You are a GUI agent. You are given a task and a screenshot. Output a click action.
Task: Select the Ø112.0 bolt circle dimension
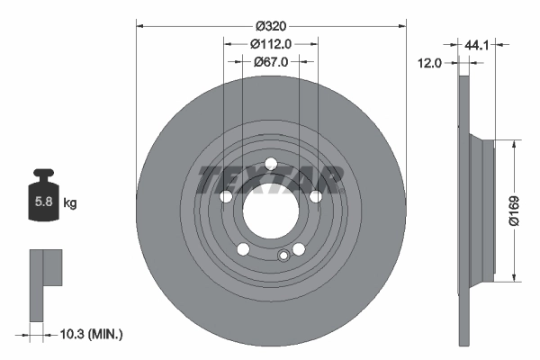coord(270,43)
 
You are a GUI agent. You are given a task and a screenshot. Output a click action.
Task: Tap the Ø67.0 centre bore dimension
coord(270,61)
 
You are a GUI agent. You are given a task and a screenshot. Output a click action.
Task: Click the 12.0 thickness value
coord(432,63)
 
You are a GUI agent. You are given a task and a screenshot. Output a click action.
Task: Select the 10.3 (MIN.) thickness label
coord(89,334)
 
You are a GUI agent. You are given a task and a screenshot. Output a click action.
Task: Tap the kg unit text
coord(70,203)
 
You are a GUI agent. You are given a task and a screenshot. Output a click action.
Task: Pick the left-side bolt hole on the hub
coord(226,197)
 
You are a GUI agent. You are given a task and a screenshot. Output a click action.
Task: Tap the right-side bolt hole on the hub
coord(315,197)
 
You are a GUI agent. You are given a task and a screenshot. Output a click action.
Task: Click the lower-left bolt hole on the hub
coord(243,249)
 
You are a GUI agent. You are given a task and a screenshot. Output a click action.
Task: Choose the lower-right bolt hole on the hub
coord(298,249)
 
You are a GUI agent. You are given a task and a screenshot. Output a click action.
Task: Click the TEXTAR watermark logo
coord(270,180)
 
